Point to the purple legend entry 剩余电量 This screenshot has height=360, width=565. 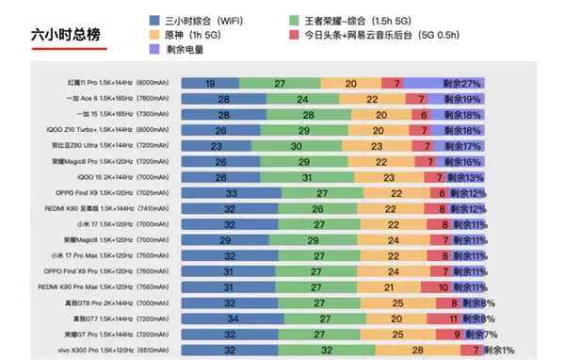point(191,51)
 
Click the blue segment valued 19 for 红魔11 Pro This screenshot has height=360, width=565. point(209,84)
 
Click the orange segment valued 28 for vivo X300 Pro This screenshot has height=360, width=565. point(417,349)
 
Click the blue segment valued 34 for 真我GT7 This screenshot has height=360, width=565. point(233,319)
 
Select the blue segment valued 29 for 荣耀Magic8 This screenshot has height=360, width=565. point(225,240)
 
